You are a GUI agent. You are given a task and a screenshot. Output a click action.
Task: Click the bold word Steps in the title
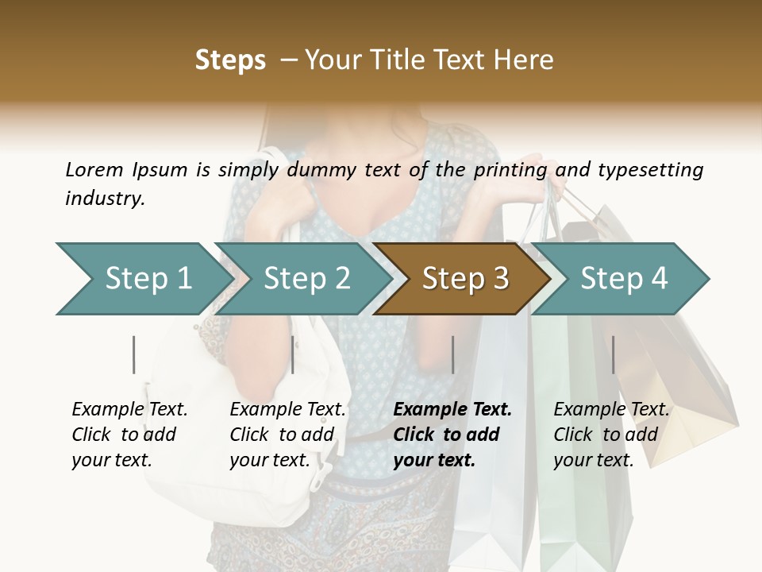click(x=230, y=60)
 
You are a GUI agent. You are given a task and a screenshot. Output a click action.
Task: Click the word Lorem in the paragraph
click(x=94, y=169)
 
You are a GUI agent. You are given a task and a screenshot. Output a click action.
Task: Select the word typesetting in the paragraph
click(x=650, y=169)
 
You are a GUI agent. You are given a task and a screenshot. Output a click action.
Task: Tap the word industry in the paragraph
click(x=104, y=198)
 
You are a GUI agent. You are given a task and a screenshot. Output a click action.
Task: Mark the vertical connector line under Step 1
click(x=134, y=354)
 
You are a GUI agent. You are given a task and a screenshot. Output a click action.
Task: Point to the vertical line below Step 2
click(x=293, y=354)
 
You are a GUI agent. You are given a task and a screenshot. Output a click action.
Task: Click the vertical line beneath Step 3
click(x=453, y=354)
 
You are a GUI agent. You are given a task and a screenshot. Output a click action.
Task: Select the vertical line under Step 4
click(x=613, y=354)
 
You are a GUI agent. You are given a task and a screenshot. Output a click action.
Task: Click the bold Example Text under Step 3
click(x=452, y=410)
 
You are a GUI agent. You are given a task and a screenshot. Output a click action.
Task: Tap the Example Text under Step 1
click(x=129, y=410)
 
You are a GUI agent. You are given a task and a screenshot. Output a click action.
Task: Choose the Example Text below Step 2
click(x=287, y=410)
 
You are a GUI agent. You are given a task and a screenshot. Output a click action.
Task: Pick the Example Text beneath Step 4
click(x=611, y=410)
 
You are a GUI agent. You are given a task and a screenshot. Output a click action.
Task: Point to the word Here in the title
click(x=528, y=60)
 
